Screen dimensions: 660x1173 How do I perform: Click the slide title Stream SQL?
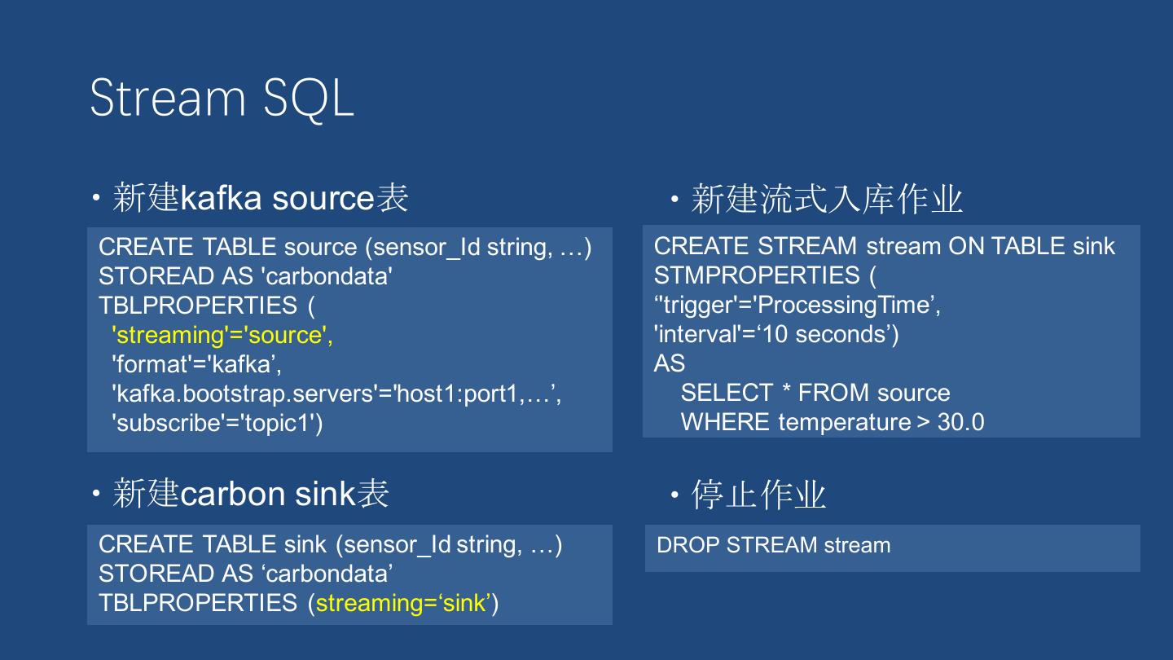click(x=222, y=98)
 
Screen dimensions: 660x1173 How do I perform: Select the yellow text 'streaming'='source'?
click(x=222, y=335)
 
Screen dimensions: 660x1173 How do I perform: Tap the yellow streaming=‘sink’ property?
click(x=403, y=603)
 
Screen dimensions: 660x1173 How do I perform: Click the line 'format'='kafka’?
click(x=196, y=364)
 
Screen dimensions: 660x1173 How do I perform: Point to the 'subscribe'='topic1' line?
click(x=217, y=423)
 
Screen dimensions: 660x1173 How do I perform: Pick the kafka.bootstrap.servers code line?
click(x=336, y=394)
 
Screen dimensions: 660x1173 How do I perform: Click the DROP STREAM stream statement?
click(x=773, y=545)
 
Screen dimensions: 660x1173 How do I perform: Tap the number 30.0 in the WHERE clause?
click(x=960, y=422)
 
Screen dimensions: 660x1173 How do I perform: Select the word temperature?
click(x=844, y=422)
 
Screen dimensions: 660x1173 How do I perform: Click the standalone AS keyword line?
click(x=669, y=363)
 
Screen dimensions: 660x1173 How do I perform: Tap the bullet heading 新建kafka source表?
click(x=260, y=198)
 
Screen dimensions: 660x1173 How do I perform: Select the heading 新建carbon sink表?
click(x=250, y=494)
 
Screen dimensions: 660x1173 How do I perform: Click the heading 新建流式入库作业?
click(x=826, y=200)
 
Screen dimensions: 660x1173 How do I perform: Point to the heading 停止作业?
click(x=758, y=495)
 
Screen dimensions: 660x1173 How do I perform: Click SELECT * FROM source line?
click(x=815, y=393)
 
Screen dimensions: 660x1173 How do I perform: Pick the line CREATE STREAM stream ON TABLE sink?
click(x=884, y=246)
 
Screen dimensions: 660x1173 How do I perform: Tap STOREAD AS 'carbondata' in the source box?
click(x=246, y=276)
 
